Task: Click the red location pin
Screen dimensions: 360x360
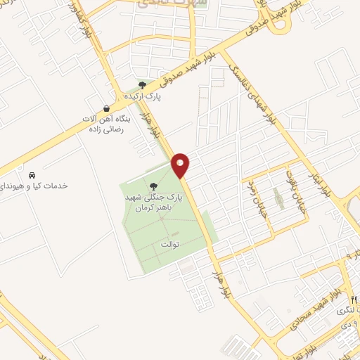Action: pyautogui.click(x=181, y=165)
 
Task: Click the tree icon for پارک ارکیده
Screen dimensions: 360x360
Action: pyautogui.click(x=143, y=84)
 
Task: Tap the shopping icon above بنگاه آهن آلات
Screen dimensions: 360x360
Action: pyautogui.click(x=105, y=108)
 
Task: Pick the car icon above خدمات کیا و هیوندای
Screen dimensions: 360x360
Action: pyautogui.click(x=31, y=174)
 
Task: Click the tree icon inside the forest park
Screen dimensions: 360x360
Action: pyautogui.click(x=153, y=186)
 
